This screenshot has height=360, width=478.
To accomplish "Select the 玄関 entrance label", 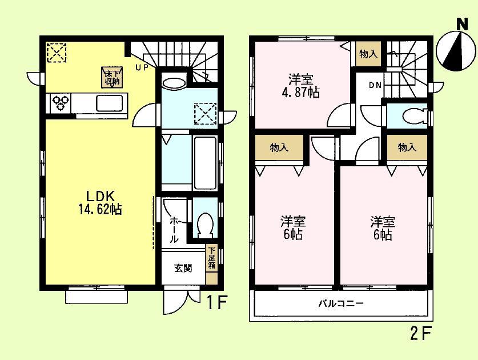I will [183, 268].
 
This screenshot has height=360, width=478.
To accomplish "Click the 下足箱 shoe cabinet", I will [211, 258].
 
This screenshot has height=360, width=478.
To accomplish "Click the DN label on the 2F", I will [375, 86].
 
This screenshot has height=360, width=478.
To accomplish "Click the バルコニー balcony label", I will [340, 303].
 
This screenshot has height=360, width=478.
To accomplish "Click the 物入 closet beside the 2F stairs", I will [368, 54].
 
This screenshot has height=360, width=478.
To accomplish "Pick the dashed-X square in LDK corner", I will [56, 53].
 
